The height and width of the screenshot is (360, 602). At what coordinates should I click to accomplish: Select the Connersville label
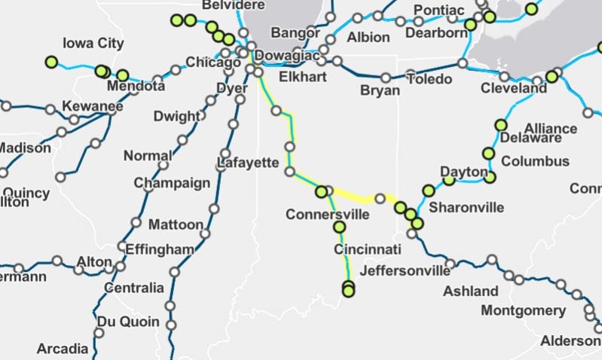(x=328, y=215)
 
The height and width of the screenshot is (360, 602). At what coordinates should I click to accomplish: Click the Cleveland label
(x=515, y=88)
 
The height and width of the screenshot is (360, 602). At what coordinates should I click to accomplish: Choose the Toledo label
(x=432, y=78)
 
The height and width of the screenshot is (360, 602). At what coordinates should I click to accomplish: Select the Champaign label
(x=172, y=183)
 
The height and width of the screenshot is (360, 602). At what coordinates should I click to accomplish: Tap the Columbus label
(x=535, y=161)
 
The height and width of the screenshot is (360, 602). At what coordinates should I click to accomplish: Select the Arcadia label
(x=63, y=349)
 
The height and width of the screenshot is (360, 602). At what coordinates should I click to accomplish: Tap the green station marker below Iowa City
(x=51, y=62)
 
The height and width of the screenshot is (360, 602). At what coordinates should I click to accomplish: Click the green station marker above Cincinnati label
(x=339, y=227)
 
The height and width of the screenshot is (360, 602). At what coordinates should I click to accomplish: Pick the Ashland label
(x=471, y=291)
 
